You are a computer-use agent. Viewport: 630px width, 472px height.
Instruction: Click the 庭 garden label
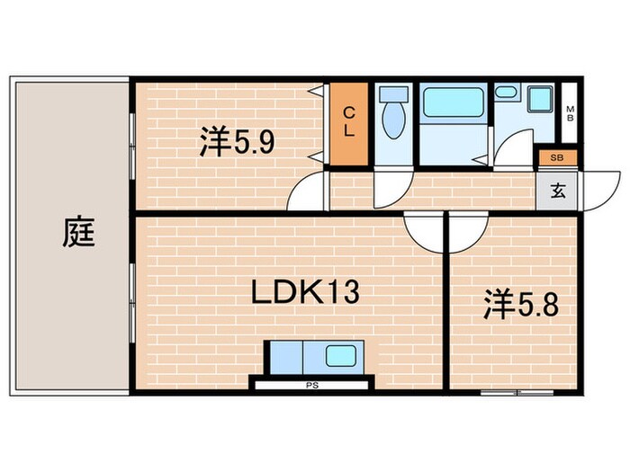click(x=79, y=235)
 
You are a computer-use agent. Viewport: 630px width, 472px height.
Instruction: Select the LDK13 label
click(x=294, y=292)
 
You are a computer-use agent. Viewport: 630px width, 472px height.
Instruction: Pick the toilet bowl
click(x=393, y=124)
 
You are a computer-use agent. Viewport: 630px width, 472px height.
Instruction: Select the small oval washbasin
click(x=505, y=92)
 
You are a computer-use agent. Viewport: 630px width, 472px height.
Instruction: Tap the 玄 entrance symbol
click(x=559, y=190)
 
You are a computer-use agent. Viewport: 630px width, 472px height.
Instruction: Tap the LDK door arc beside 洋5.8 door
click(x=423, y=232)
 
